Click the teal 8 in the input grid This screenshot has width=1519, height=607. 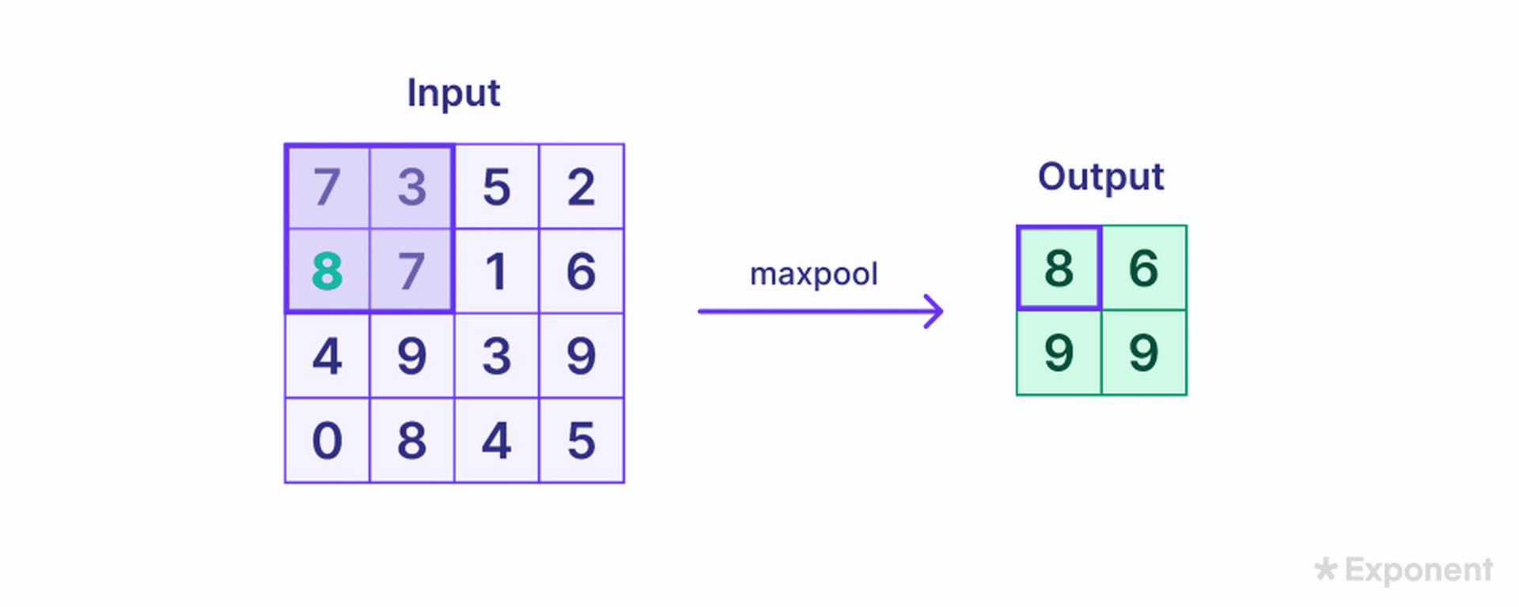[328, 271]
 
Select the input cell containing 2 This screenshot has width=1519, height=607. [581, 187]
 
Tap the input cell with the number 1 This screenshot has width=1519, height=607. [497, 271]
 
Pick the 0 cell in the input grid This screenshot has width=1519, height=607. [328, 440]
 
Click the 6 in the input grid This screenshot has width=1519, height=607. [581, 271]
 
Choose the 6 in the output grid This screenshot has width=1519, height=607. [1144, 268]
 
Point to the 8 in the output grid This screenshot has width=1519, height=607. [1059, 268]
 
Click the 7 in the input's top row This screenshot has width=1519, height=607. [328, 187]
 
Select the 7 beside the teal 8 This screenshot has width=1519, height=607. [412, 271]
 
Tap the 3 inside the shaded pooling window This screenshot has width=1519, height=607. [412, 187]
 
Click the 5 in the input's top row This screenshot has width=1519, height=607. [497, 187]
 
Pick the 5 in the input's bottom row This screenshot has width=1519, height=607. [581, 440]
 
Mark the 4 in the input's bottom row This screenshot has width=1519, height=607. [497, 440]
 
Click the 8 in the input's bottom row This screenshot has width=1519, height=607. [412, 440]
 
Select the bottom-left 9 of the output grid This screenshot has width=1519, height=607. [1059, 353]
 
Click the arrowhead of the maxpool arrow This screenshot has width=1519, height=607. [934, 311]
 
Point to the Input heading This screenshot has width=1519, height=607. [453, 93]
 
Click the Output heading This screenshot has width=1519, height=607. [1101, 177]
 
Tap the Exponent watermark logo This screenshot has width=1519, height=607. [1404, 570]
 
